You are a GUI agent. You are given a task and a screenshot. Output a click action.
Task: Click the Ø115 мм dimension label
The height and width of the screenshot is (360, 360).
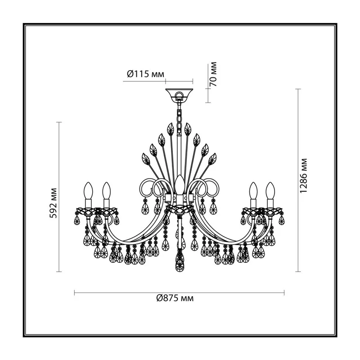145,74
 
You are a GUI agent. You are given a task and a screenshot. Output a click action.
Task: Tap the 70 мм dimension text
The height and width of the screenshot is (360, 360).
213,74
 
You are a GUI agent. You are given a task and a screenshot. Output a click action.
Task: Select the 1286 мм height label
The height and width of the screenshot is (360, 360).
303,176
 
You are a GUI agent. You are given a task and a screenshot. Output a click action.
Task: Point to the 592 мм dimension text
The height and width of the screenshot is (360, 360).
53,203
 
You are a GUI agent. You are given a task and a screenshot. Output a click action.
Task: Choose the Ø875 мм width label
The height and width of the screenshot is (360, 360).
175,298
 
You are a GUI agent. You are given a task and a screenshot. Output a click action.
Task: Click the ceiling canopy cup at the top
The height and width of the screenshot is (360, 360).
179,94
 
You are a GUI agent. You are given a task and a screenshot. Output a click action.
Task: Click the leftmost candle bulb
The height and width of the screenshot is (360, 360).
88,191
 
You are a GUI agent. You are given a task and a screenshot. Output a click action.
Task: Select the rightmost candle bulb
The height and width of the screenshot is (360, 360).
270,191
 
